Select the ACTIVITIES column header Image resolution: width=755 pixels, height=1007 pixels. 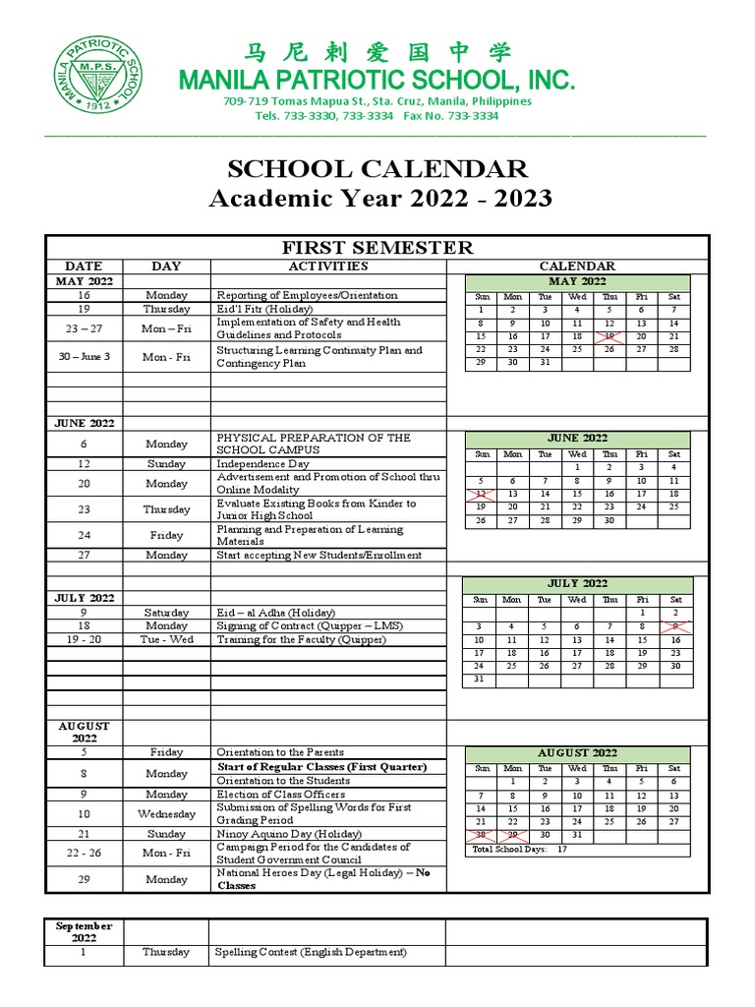point(328,266)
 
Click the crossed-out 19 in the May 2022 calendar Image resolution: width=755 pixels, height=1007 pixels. point(609,336)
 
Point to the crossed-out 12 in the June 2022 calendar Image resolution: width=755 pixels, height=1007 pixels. point(481,494)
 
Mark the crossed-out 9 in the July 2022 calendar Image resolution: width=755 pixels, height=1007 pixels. point(674,625)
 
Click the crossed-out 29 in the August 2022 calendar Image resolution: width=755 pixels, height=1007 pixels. point(512,835)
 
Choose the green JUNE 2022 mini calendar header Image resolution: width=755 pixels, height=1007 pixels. point(577,438)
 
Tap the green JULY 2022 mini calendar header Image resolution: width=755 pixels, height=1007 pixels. point(577,583)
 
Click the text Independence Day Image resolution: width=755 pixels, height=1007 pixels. point(262,463)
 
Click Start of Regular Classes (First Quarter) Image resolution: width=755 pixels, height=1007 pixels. point(321,767)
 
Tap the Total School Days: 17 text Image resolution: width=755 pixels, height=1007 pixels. point(520,849)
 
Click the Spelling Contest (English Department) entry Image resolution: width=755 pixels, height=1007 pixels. point(311,952)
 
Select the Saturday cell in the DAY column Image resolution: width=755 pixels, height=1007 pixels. point(166,612)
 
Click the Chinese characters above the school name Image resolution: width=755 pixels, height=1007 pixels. point(377,52)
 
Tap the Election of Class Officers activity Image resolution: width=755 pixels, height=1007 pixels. point(280,794)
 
